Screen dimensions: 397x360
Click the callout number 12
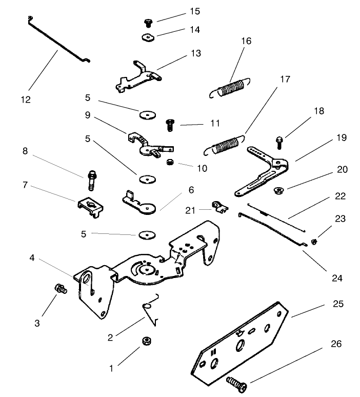(x=25, y=100)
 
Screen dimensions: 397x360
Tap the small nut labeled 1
(x=146, y=341)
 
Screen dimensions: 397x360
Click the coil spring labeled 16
(x=230, y=87)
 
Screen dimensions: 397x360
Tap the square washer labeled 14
(x=149, y=37)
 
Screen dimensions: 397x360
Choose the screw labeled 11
(x=169, y=124)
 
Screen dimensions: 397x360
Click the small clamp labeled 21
(x=219, y=207)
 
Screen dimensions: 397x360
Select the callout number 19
(x=342, y=137)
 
